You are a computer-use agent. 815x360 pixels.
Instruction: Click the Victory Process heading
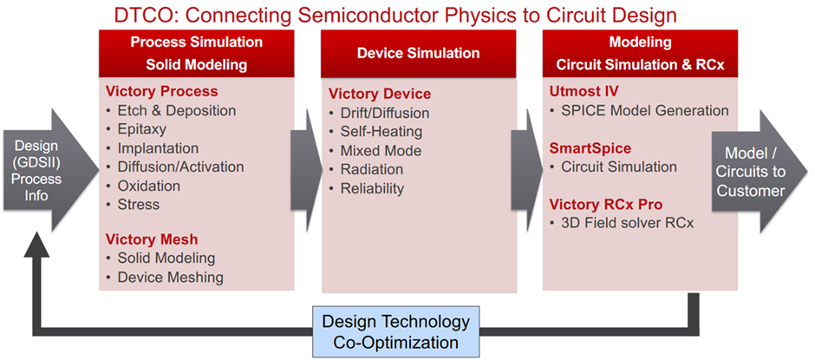tap(161, 92)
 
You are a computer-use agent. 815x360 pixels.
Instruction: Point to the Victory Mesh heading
tap(152, 239)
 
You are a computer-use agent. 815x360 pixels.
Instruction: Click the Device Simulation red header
tap(419, 54)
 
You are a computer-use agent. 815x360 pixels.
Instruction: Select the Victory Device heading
tap(380, 94)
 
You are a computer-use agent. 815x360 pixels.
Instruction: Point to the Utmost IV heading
tap(584, 92)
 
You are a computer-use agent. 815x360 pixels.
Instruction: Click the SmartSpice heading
tap(590, 148)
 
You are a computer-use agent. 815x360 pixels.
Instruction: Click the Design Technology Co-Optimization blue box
tap(395, 332)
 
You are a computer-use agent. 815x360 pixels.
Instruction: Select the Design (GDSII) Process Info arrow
tap(49, 170)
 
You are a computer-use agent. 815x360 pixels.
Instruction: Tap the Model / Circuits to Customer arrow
tap(757, 172)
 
